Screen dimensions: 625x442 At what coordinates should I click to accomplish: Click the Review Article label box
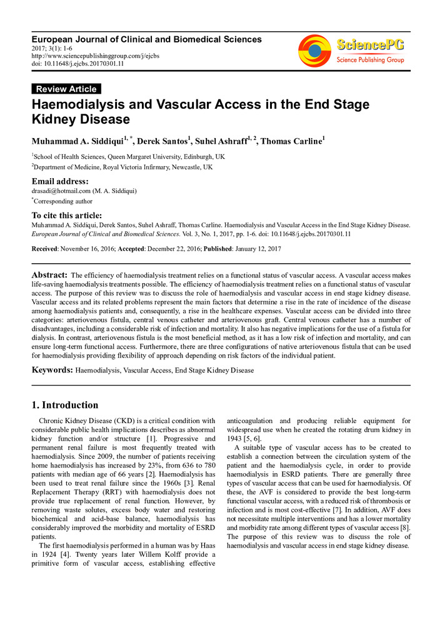tap(66, 89)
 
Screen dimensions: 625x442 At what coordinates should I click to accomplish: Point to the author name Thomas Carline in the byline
tap(291, 141)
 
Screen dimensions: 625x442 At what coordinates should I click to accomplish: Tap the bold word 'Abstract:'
tap(49, 275)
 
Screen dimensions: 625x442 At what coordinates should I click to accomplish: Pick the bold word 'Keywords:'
tap(53, 370)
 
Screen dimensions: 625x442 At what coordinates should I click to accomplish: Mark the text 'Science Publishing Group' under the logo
tap(371, 60)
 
